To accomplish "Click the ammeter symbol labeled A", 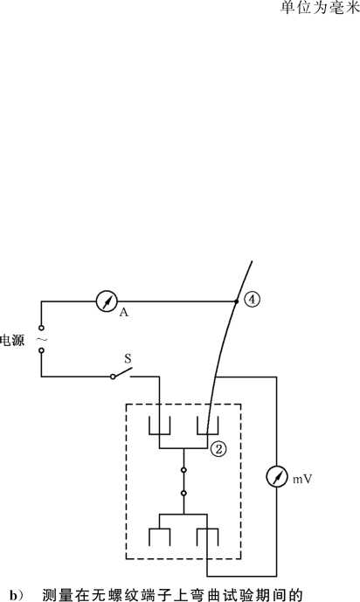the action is (x=107, y=301).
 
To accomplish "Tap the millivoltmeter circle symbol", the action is (x=277, y=477).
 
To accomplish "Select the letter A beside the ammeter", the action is (x=123, y=313).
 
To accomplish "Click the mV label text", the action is (x=302, y=479).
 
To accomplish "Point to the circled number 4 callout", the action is (x=253, y=300).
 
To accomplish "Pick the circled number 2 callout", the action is (x=218, y=449).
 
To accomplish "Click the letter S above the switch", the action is (x=128, y=359).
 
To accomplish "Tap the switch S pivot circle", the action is (x=113, y=377).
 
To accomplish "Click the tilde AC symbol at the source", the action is (x=42, y=339).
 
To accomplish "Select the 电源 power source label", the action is (x=12, y=340).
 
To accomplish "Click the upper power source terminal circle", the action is (x=41, y=328).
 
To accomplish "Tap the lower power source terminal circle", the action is (x=41, y=350).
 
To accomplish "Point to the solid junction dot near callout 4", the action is (x=237, y=301).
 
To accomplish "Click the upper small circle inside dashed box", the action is (x=183, y=470).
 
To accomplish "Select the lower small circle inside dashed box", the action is (x=183, y=493).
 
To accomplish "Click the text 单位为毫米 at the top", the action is (x=320, y=8).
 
